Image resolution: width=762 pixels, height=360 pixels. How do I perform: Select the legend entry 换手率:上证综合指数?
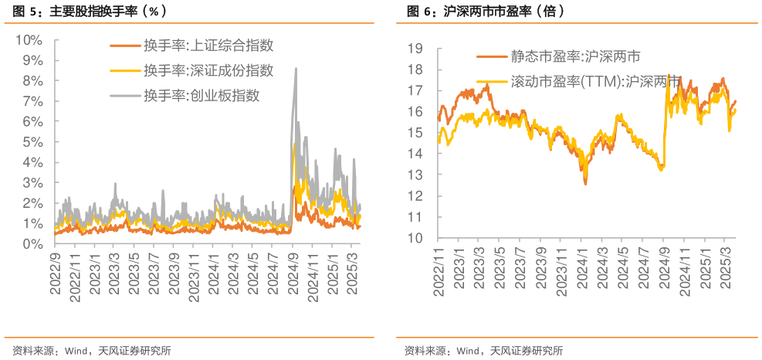click(208, 46)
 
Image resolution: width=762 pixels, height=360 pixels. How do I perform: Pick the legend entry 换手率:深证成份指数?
click(208, 71)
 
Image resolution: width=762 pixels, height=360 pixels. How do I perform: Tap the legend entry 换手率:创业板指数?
click(200, 96)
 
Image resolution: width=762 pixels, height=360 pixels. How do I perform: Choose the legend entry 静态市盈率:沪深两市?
click(574, 57)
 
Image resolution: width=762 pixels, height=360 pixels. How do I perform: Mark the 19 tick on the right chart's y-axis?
click(415, 49)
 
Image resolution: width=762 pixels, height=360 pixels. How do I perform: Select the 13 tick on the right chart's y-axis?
click(415, 175)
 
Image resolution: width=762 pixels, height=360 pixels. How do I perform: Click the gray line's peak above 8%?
click(295, 68)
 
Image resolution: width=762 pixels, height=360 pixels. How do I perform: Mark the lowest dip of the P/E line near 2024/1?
click(585, 184)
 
